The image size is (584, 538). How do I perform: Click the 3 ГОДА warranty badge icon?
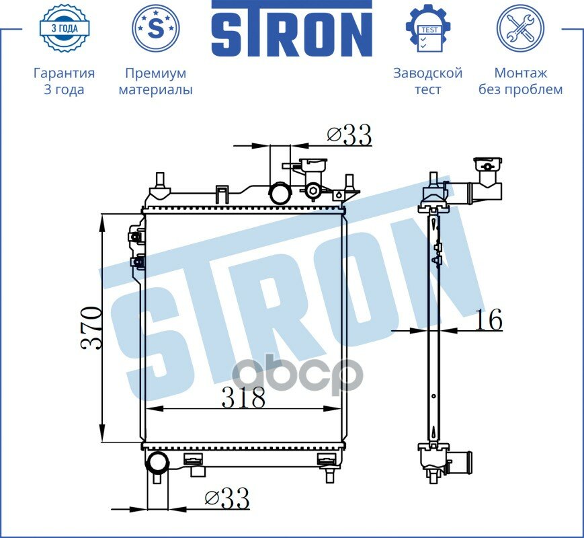click(64, 28)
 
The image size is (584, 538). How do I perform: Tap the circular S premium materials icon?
click(156, 28)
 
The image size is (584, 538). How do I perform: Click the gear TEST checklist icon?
click(428, 28)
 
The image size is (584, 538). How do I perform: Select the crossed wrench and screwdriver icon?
click(520, 28)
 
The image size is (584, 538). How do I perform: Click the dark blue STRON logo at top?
click(292, 29)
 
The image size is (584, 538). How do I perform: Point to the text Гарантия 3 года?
click(64, 81)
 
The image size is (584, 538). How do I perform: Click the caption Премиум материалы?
click(156, 81)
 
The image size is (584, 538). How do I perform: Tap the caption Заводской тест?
click(428, 81)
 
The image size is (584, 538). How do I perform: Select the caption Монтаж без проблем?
click(520, 81)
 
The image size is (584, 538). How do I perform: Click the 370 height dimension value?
click(91, 328)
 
